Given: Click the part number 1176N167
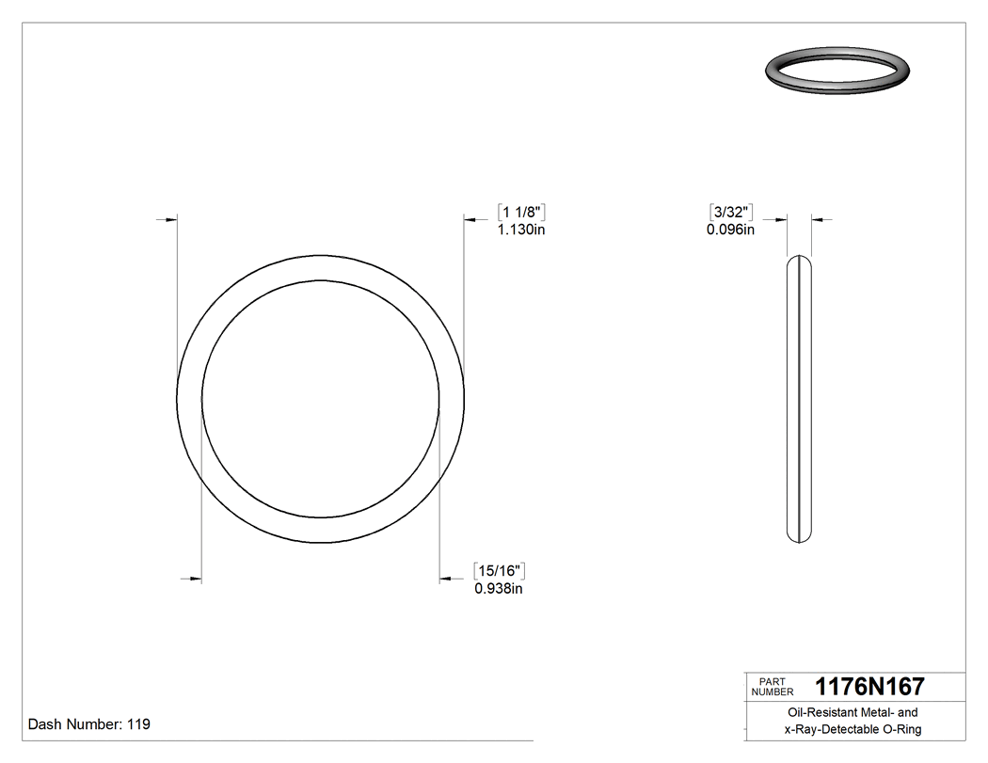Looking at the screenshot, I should [x=869, y=687].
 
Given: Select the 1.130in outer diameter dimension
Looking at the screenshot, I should [x=521, y=230].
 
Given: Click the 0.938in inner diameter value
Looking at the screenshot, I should [x=498, y=589].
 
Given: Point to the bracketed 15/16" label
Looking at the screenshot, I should [x=499, y=571].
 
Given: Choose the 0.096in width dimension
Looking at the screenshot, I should [x=730, y=230].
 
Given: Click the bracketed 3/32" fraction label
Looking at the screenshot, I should [x=731, y=212].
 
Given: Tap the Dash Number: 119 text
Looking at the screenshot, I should [x=89, y=724].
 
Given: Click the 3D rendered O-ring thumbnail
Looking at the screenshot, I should [x=837, y=71].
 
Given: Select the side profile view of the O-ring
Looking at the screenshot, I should [x=799, y=399].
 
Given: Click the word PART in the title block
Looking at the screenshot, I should [x=771, y=681].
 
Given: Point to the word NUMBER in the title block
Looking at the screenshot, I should [x=773, y=691].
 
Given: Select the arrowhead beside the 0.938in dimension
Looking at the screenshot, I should [x=446, y=579].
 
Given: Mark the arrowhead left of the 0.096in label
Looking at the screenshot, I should [x=780, y=220].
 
